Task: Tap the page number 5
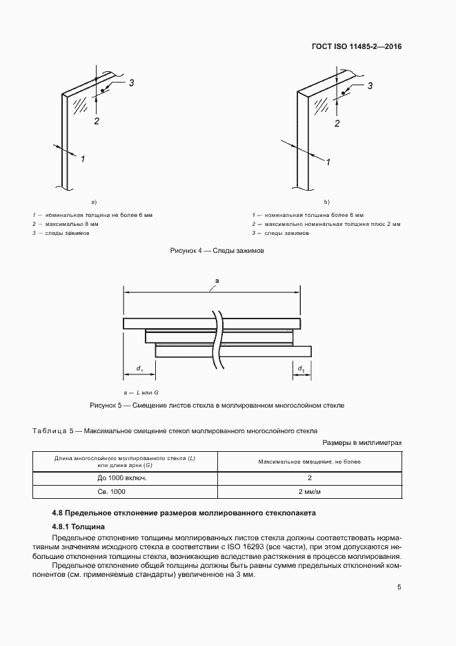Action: pyautogui.click(x=399, y=587)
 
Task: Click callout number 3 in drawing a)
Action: pyautogui.click(x=131, y=83)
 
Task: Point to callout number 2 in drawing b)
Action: pyautogui.click(x=337, y=124)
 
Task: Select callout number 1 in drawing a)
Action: pyautogui.click(x=83, y=159)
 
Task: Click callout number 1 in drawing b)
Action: pyautogui.click(x=328, y=162)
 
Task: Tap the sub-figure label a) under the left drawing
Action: pyautogui.click(x=94, y=202)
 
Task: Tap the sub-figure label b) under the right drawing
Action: pyautogui.click(x=327, y=202)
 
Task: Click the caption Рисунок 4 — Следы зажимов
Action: pyautogui.click(x=217, y=251)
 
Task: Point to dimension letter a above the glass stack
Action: pyautogui.click(x=217, y=280)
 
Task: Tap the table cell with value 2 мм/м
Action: pyautogui.click(x=310, y=491)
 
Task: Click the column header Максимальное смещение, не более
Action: pyautogui.click(x=310, y=461)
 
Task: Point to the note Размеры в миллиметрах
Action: pyautogui.click(x=361, y=442)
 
